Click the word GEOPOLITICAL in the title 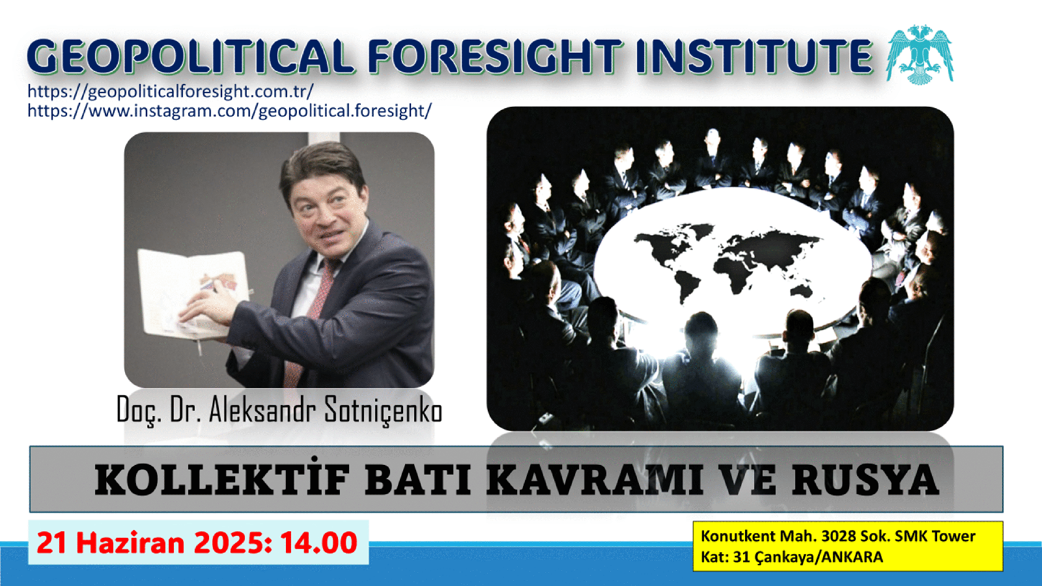[189, 57]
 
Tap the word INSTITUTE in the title [753, 57]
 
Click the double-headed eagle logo [919, 55]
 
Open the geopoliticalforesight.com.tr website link [170, 92]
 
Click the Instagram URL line [230, 111]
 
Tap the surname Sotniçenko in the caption [382, 410]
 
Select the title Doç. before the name [139, 410]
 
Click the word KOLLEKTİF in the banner [222, 479]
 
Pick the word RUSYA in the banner [866, 480]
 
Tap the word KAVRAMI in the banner [595, 480]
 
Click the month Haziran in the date [130, 543]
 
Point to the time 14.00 [318, 543]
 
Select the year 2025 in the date [229, 543]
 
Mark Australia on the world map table [801, 291]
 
